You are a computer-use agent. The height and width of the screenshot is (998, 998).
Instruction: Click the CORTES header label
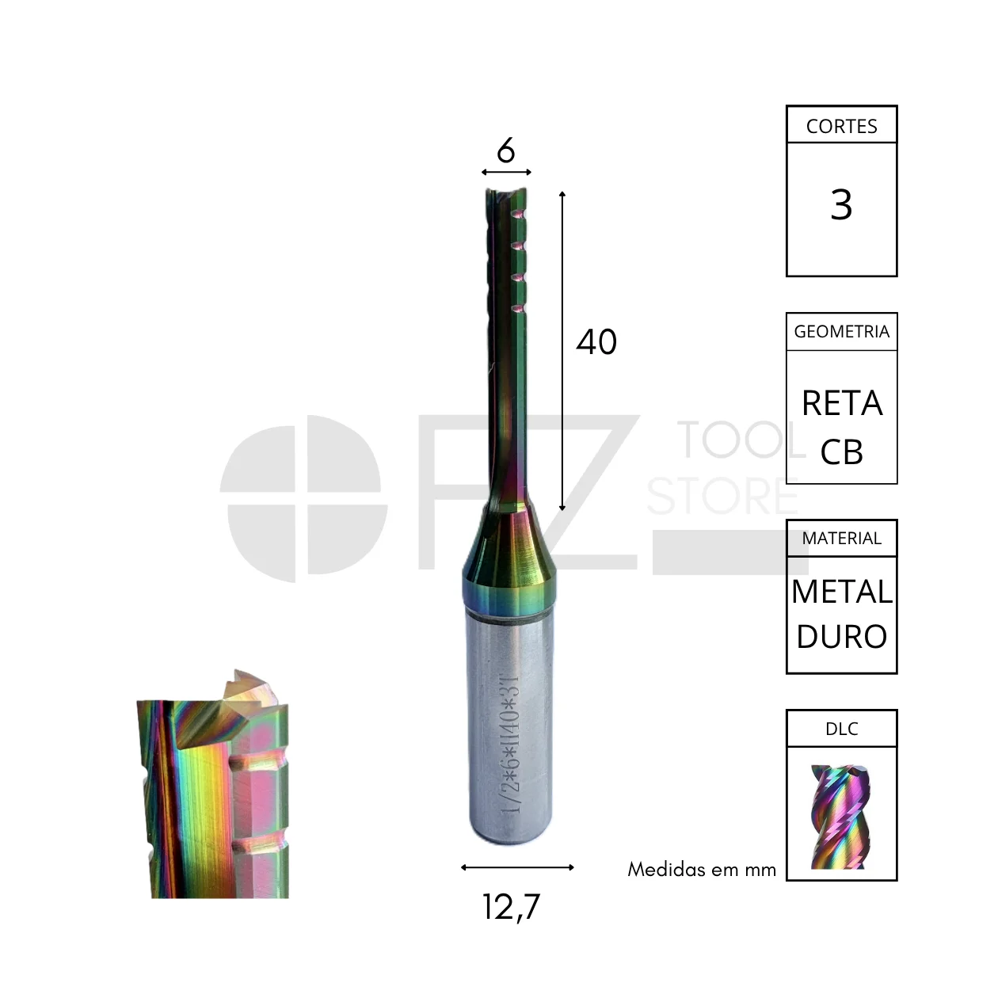[841, 126]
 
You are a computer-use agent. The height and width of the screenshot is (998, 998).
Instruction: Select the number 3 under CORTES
[841, 204]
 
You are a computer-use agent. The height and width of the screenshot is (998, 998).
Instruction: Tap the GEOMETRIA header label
[841, 331]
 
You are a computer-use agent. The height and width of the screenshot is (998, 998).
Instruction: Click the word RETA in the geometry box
[842, 403]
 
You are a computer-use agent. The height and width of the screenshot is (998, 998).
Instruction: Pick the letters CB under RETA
[842, 451]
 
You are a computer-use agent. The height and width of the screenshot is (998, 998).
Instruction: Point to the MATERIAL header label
[841, 539]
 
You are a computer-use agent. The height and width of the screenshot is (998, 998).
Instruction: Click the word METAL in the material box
[842, 592]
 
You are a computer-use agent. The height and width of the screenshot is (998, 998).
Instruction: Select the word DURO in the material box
[842, 636]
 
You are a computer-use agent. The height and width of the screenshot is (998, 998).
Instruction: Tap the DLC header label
[841, 729]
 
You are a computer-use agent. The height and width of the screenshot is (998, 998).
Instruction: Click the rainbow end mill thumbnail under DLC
[841, 816]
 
